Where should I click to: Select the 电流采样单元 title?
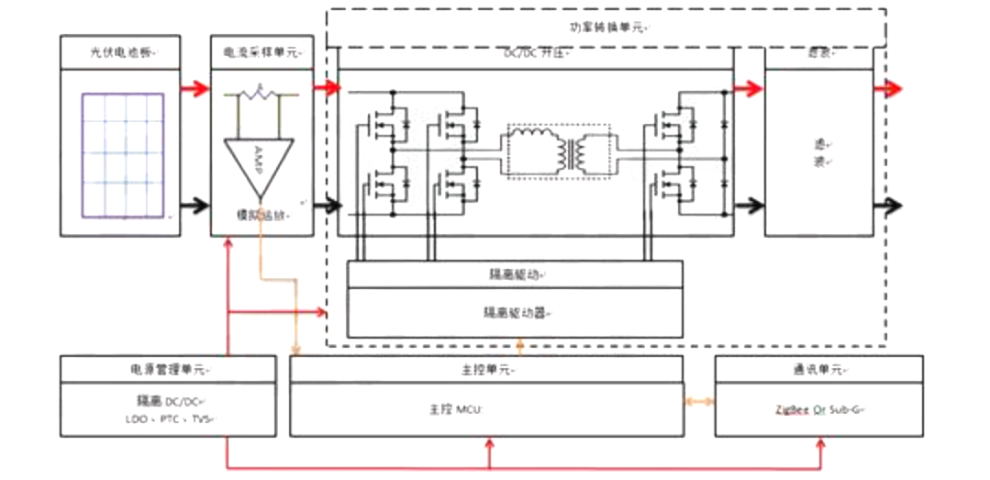[261, 52]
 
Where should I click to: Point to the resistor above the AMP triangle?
[261, 94]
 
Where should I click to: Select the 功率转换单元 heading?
[606, 28]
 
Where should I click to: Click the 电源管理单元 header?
[167, 370]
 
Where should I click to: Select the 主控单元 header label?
[485, 370]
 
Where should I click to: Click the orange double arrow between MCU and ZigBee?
[699, 403]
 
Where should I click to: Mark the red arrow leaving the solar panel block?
[193, 89]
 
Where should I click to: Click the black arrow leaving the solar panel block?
[193, 205]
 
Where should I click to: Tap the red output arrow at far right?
[888, 89]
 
